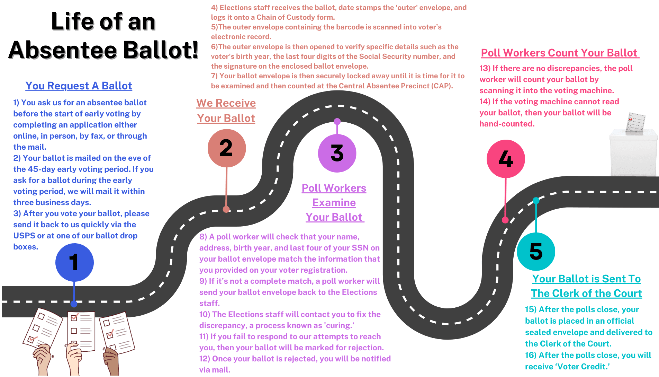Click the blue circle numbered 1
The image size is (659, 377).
tap(74, 262)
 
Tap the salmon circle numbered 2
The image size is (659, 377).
tap(226, 148)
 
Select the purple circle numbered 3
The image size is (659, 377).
tap(337, 153)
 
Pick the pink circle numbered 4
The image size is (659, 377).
tap(506, 159)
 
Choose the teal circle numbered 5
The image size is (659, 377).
tap(536, 251)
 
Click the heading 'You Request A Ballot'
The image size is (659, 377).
tap(79, 86)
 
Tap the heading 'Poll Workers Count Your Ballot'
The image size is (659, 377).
tap(559, 53)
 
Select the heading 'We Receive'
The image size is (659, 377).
tap(226, 103)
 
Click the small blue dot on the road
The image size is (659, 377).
tap(74, 304)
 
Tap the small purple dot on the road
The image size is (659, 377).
tap(337, 121)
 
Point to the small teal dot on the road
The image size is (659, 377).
tap(536, 200)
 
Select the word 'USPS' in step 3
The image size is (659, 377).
tap(24, 236)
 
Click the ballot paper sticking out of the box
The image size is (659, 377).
tap(636, 122)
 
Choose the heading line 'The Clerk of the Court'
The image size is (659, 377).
tap(586, 293)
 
